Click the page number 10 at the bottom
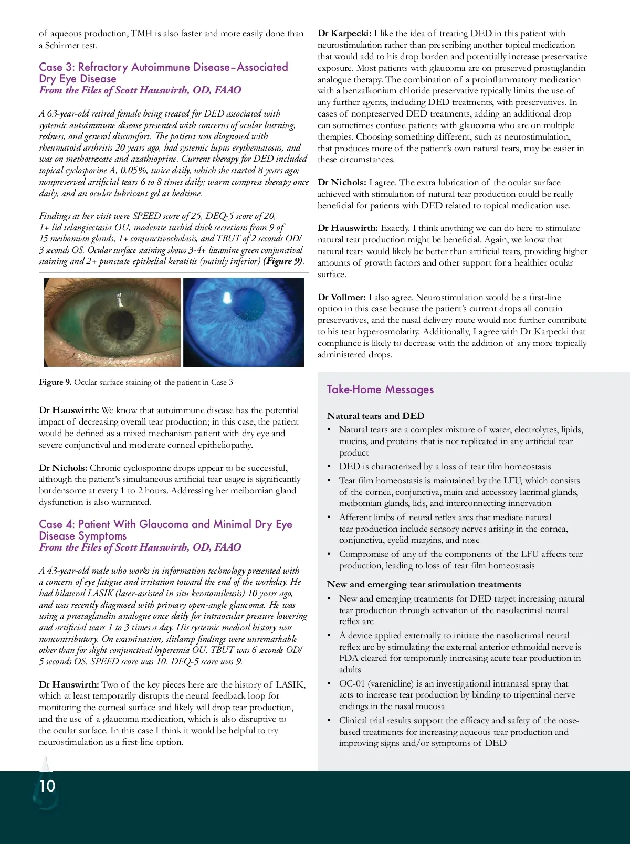click(x=47, y=786)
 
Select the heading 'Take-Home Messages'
click(x=380, y=389)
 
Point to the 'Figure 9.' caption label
click(x=55, y=382)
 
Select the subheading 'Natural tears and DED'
click(x=375, y=416)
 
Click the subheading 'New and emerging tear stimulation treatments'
click(x=424, y=585)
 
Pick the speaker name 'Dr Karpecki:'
click(x=344, y=34)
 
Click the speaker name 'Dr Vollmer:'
click(x=341, y=297)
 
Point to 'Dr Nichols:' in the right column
click(x=342, y=182)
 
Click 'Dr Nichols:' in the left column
click(x=63, y=468)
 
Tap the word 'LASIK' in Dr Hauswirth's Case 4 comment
click(x=290, y=684)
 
